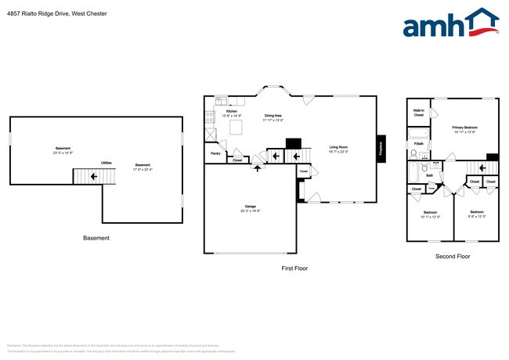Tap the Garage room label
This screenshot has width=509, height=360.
251,207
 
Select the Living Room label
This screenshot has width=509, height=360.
338,146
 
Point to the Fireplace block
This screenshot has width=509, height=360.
381,149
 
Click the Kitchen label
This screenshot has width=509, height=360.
232,112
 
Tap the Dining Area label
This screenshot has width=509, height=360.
273,116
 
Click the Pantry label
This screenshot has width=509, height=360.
215,153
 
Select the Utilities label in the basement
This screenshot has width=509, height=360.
106,163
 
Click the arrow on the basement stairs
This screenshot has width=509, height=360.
95,177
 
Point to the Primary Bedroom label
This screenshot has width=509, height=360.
464,128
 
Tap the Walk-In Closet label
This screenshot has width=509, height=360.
419,113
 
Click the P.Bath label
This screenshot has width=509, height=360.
419,143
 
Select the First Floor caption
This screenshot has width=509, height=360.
294,268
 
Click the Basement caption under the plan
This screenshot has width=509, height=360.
96,238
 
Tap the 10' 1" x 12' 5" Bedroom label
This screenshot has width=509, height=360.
430,214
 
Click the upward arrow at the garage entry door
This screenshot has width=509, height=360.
257,168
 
